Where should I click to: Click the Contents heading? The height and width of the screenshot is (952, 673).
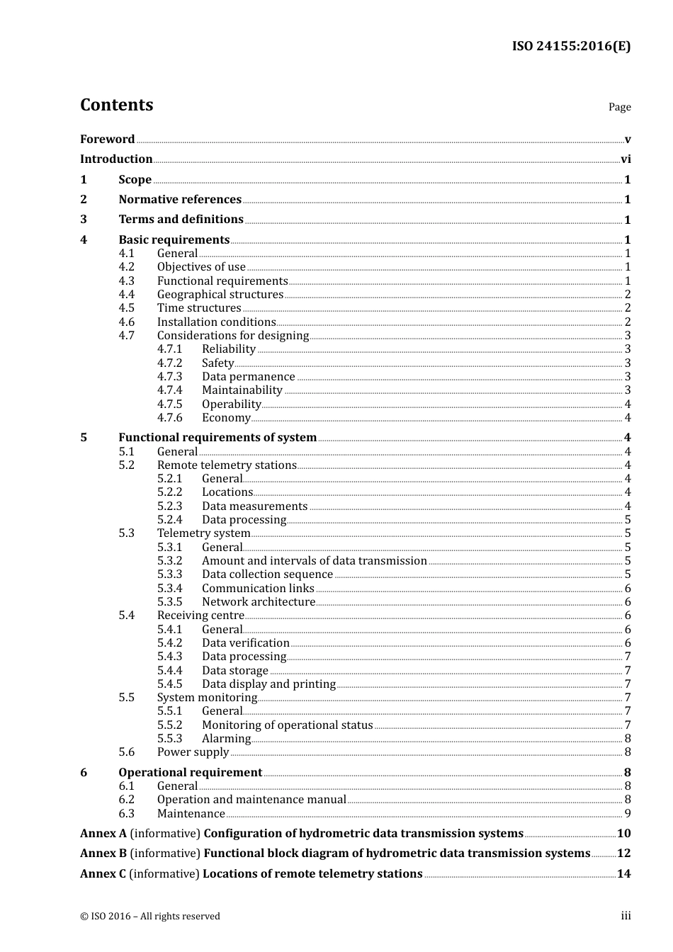[116, 105]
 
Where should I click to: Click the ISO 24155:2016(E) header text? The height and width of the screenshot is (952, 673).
[571, 47]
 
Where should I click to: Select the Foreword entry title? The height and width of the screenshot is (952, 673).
[107, 139]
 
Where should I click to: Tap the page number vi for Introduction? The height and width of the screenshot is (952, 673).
[626, 159]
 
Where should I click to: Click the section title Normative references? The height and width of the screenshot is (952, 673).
[180, 200]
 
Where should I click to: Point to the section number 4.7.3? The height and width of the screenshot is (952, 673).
[169, 377]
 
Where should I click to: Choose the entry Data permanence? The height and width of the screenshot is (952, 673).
[248, 377]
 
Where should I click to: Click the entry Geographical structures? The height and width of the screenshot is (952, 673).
[220, 295]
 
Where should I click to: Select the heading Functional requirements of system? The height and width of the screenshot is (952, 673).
[217, 438]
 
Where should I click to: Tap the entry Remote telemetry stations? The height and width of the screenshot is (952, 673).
[227, 465]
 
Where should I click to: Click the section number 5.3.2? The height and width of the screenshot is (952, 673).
[169, 561]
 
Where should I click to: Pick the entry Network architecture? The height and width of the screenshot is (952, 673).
[259, 602]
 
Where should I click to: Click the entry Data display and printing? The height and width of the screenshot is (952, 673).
[268, 684]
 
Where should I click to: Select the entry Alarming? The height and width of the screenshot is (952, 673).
[226, 739]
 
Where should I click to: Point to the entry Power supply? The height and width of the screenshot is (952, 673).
[193, 752]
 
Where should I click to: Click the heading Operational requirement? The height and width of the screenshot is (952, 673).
[190, 773]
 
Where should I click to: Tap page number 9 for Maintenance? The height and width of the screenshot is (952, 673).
[628, 814]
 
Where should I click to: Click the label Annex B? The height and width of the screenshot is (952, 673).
[103, 854]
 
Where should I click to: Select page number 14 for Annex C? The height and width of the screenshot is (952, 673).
[623, 874]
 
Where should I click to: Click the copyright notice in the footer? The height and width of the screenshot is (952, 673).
[150, 917]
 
